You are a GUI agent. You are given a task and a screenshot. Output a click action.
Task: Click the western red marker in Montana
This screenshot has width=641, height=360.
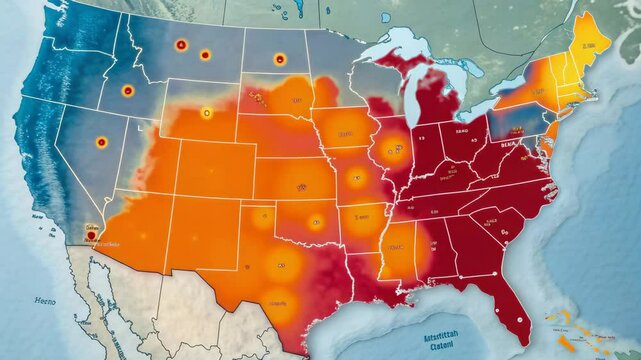[180, 44]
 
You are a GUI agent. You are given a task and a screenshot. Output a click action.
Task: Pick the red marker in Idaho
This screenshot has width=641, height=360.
[127, 91]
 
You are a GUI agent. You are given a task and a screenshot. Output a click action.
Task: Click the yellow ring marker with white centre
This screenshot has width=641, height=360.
[207, 113]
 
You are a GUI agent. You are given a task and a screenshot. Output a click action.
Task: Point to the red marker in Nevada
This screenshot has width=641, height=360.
[101, 143]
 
